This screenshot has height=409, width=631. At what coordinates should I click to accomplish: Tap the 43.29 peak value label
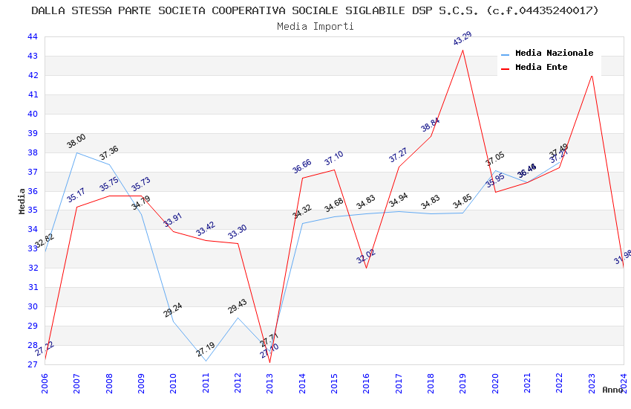(x=462, y=39)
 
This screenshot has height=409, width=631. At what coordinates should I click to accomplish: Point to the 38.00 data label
(x=76, y=141)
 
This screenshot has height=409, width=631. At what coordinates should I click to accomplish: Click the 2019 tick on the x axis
(x=462, y=382)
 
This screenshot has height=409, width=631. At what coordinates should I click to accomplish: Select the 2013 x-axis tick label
(x=269, y=382)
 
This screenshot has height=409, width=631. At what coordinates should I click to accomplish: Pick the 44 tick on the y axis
(x=33, y=36)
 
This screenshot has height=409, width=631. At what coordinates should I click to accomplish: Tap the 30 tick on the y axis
(x=33, y=306)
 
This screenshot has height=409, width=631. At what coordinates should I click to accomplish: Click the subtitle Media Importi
(x=315, y=26)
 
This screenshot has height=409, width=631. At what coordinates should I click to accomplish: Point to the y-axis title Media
(x=22, y=200)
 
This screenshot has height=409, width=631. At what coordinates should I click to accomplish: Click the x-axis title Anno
(x=612, y=390)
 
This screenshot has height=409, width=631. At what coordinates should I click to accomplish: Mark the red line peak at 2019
(x=463, y=50)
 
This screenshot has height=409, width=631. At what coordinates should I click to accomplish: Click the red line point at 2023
(x=592, y=75)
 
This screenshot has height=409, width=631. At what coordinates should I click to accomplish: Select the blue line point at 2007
(x=76, y=152)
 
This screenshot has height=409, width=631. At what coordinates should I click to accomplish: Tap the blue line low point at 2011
(x=206, y=361)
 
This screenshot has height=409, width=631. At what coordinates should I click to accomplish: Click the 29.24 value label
(x=173, y=310)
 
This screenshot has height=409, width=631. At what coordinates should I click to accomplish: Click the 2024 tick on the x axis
(x=624, y=382)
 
